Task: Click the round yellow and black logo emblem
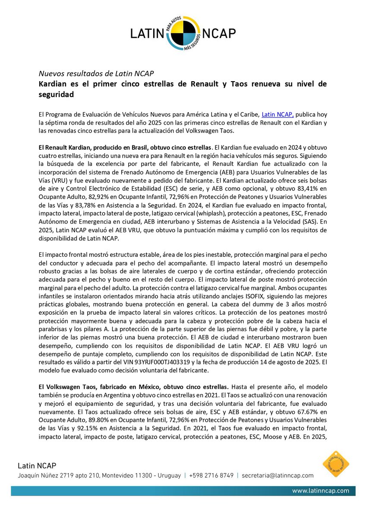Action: point(183,32)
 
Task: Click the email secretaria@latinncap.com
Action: point(278,475)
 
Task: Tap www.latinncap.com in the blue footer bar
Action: point(321,491)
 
